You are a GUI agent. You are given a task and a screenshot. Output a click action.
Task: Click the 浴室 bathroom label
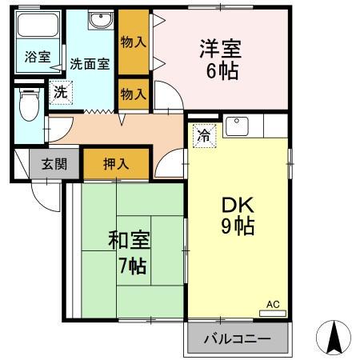click(37, 58)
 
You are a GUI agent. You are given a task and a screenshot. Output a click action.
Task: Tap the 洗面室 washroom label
click(88, 63)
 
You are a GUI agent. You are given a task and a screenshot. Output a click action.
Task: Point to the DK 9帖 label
click(238, 214)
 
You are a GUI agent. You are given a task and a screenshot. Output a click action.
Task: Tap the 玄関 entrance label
click(54, 165)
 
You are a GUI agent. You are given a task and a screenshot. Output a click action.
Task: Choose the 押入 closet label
click(116, 165)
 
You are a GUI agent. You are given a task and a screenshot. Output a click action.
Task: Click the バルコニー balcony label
click(237, 338)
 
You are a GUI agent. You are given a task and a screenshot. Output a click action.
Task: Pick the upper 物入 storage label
click(134, 42)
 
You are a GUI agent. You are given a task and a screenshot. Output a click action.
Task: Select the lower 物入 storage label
click(134, 94)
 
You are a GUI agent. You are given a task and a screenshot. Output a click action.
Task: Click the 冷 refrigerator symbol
click(204, 137)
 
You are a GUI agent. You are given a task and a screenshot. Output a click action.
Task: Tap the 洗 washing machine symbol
click(60, 93)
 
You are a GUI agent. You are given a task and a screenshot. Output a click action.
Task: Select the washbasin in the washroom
click(100, 22)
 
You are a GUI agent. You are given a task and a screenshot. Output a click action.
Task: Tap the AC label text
click(273, 304)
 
